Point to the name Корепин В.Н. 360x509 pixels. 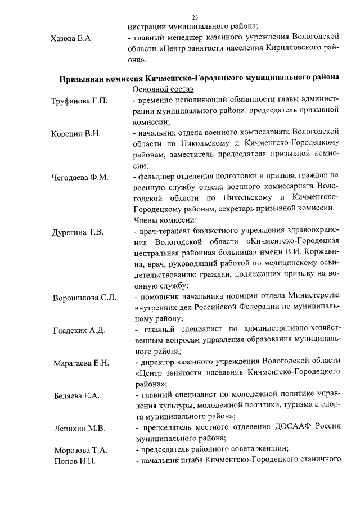coord(76,134)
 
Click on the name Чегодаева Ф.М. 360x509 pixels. coord(80,177)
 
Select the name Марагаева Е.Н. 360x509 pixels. coord(81,362)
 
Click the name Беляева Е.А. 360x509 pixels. coord(76,395)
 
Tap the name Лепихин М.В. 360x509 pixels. coord(79,428)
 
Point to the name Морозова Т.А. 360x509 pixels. coord(80,450)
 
